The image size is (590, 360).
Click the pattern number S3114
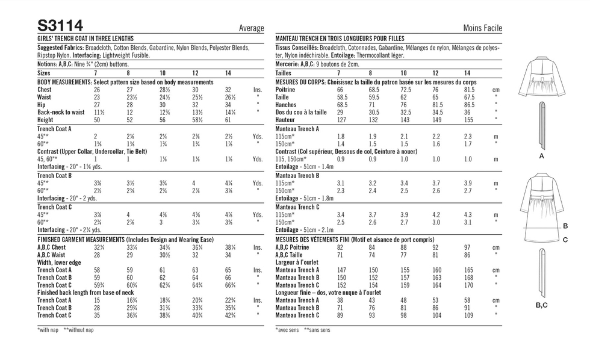tap(60, 25)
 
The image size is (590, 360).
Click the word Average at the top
tap(251, 28)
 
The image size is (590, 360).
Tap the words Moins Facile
tap(482, 28)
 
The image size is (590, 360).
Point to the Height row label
tap(46, 120)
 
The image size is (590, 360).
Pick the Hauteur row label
tap(286, 120)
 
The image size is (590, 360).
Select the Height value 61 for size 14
tap(228, 120)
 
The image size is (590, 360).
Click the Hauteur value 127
tap(342, 120)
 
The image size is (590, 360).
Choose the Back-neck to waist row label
tap(61, 112)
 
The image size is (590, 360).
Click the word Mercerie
tap(288, 64)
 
